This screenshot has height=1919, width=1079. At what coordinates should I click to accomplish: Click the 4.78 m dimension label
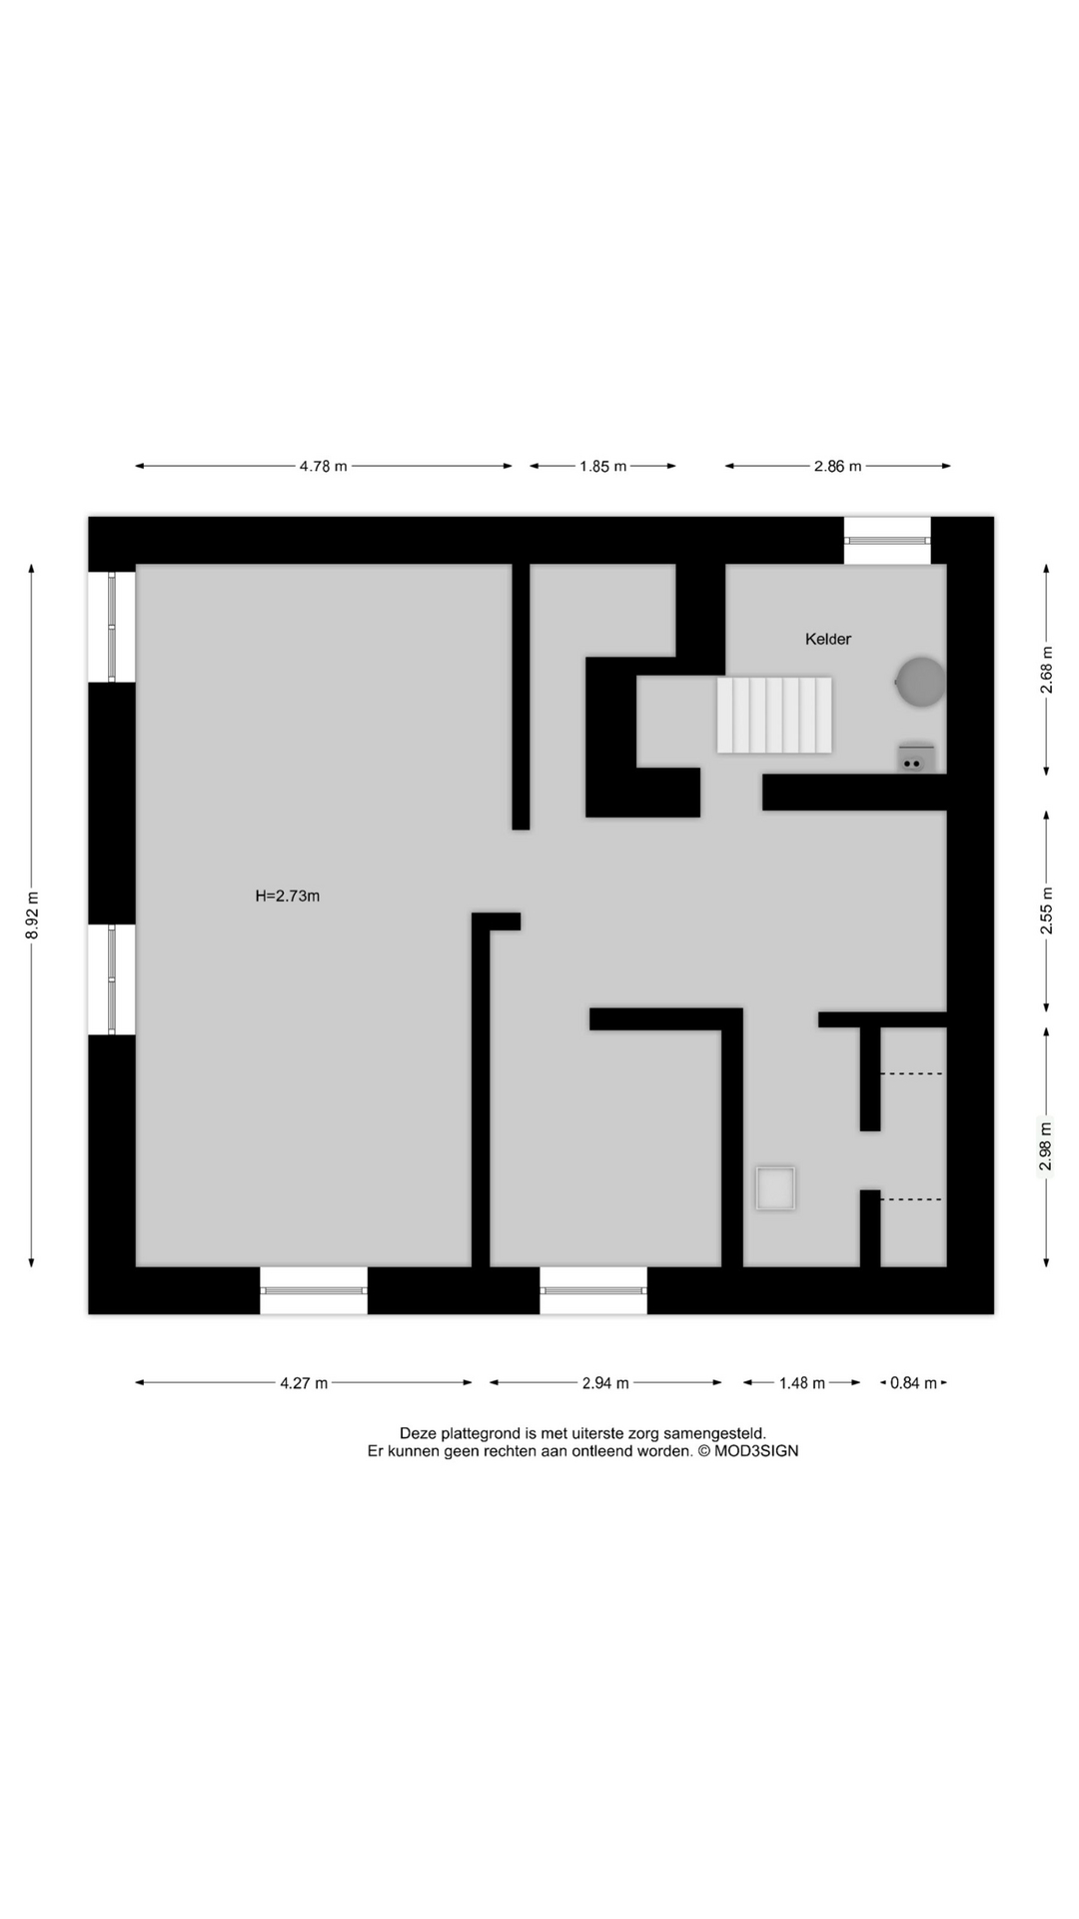pos(323,466)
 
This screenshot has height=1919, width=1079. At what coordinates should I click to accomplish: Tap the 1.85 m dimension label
pos(602,466)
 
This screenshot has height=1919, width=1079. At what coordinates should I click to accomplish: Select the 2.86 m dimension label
pos(837,466)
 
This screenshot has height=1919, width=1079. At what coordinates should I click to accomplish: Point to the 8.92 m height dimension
pos(32,915)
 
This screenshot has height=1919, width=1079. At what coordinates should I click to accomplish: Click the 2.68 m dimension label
pos(1047,670)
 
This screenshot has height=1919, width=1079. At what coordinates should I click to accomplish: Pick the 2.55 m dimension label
pos(1047,911)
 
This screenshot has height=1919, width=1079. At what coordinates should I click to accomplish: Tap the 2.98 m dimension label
pos(1047,1146)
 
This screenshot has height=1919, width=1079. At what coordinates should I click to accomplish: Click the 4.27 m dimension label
pos(304,1383)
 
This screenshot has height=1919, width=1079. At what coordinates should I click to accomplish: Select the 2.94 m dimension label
pos(605,1383)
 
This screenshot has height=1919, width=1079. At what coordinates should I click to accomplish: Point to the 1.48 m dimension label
pos(802,1383)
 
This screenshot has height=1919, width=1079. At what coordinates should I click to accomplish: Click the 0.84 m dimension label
pos(913,1383)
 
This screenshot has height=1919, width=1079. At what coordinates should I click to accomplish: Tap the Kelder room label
pos(828,640)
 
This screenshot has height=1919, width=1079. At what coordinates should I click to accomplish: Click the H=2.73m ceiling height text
pos(288,897)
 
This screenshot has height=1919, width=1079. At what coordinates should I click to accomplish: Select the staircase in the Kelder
pos(774,715)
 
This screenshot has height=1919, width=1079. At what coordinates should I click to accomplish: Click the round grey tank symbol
pos(920,682)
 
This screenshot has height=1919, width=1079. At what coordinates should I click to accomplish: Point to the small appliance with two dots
pos(915,758)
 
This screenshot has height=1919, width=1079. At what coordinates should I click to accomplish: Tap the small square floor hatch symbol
pos(775,1189)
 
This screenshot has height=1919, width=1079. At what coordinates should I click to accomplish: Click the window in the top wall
pos(887,540)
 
